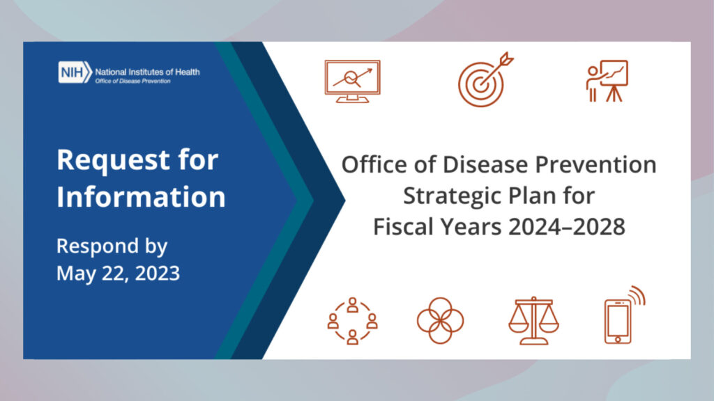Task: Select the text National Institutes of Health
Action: (147, 72)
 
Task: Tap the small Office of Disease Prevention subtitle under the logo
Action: (132, 81)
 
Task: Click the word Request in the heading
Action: (112, 160)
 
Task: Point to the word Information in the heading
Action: (141, 196)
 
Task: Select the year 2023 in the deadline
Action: (158, 273)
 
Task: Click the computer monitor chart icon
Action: (352, 81)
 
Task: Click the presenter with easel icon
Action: (607, 81)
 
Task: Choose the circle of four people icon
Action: (352, 320)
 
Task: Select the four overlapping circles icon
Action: (441, 320)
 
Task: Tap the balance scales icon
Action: (533, 320)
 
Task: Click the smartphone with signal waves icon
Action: (624, 315)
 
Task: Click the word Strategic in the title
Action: (452, 196)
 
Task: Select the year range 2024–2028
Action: (566, 226)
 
